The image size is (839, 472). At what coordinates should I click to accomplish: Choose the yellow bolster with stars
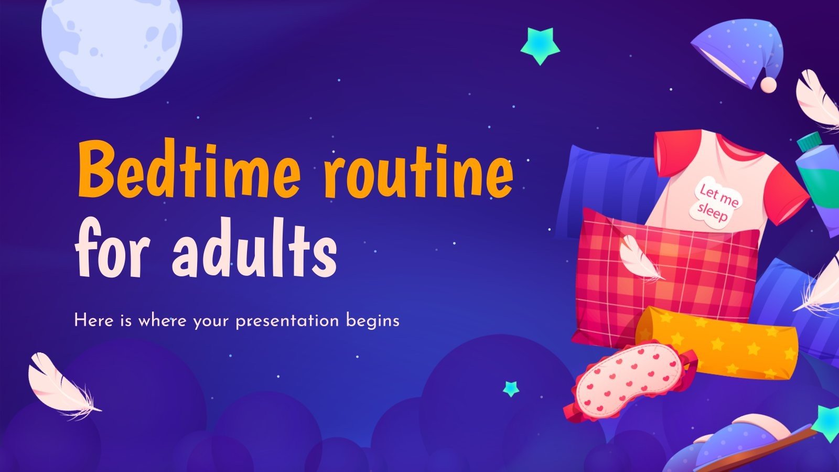(718, 341)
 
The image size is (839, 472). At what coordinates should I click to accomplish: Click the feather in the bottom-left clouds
(60, 385)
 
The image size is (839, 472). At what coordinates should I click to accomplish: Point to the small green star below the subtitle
(511, 389)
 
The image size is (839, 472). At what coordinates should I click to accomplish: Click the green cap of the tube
(809, 141)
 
